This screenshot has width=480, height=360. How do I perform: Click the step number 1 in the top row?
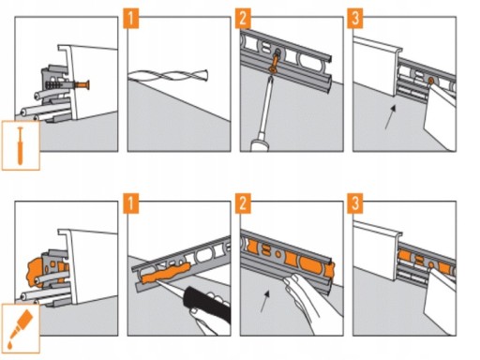click(x=131, y=19)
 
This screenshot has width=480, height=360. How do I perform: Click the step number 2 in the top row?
click(x=243, y=19)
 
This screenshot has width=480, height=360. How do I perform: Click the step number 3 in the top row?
click(x=355, y=19)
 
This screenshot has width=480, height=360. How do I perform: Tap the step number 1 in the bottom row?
click(x=131, y=203)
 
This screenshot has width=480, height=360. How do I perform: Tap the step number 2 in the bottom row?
click(x=243, y=203)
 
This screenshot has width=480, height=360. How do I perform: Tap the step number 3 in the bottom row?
click(x=355, y=203)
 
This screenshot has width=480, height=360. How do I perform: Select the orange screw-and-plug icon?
click(x=21, y=146)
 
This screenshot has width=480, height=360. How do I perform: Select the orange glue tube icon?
click(x=20, y=328)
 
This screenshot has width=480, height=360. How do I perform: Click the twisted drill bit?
click(x=168, y=76)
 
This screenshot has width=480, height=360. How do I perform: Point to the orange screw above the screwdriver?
click(x=275, y=62)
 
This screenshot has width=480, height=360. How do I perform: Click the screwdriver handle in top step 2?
click(x=261, y=144)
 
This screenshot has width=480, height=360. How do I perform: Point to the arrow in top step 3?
click(x=390, y=117)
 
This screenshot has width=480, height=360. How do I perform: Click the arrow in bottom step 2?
click(x=265, y=301)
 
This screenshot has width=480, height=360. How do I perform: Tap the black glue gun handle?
click(x=208, y=304)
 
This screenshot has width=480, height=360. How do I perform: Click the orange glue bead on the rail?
click(x=166, y=274)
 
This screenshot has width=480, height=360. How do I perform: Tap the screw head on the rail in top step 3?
click(x=430, y=81)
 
